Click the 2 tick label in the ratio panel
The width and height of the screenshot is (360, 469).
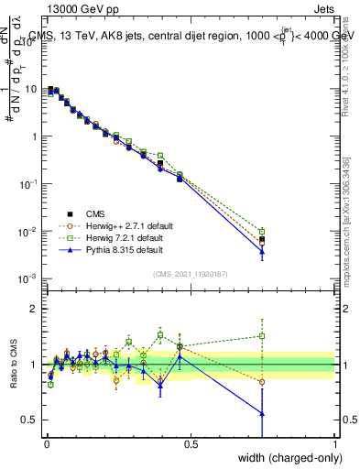33,309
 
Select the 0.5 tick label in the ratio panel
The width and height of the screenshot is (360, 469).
29,420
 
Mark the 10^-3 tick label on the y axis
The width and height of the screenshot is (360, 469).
27,278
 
